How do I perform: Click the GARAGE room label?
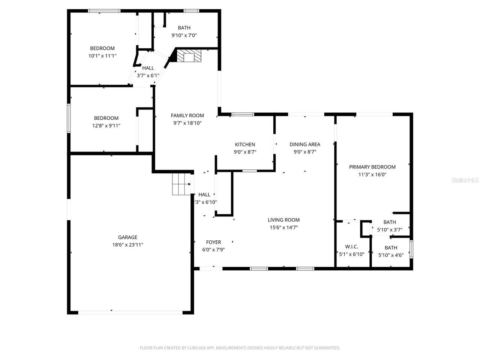tap(127, 237)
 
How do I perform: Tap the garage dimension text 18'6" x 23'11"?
tap(127, 244)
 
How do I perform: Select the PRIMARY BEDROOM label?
tap(372, 167)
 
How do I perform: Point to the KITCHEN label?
tap(245, 144)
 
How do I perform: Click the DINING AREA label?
tap(304, 144)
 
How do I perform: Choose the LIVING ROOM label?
tap(283, 220)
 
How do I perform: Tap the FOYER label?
tap(213, 242)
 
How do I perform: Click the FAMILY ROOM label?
tap(187, 115)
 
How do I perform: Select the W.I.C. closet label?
tap(351, 246)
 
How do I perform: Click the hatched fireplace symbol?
tap(189, 56)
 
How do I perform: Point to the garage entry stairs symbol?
tap(181, 184)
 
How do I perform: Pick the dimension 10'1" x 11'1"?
tap(102, 56)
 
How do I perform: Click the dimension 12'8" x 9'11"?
tap(106, 126)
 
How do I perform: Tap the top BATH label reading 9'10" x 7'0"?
tap(184, 28)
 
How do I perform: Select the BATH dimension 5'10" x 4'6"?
tap(390, 255)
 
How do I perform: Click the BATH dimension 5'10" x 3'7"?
tap(390, 230)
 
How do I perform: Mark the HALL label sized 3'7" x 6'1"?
tap(148, 68)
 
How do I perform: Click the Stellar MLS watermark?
tap(465, 180)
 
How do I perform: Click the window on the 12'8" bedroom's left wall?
tap(69, 118)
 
